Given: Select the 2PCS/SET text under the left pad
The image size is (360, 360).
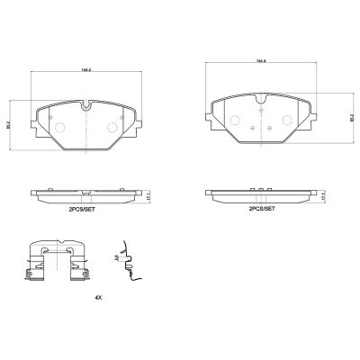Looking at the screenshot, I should [x=85, y=209].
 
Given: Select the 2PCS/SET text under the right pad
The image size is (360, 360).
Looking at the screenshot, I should [x=263, y=209].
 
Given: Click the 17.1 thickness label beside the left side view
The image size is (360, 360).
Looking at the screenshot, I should [x=149, y=193].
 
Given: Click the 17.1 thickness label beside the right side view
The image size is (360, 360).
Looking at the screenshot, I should [x=324, y=193].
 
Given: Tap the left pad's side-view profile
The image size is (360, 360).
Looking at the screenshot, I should [x=85, y=193].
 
